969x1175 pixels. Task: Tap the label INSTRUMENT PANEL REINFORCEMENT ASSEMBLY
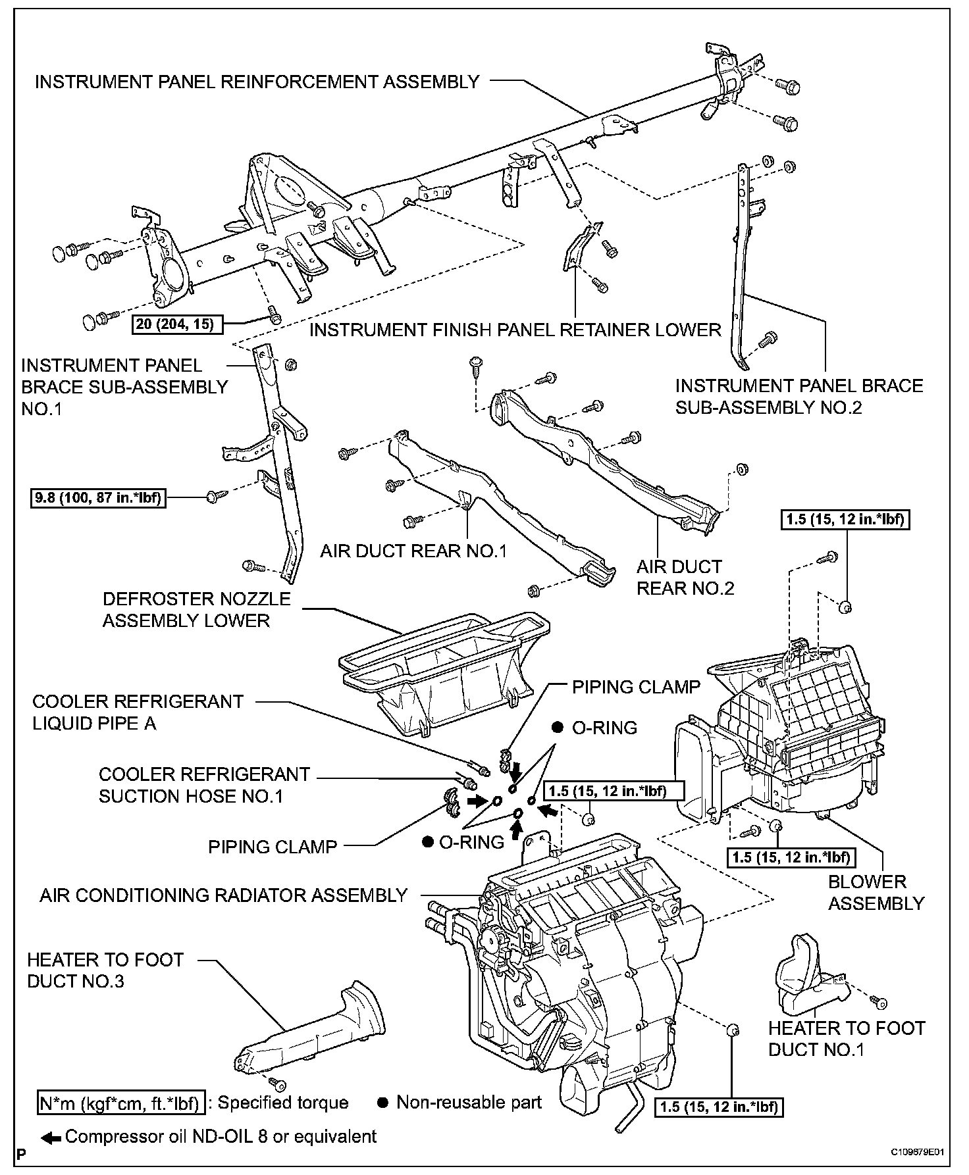pos(257,82)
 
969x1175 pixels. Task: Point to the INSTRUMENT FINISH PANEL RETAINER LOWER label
pos(515,330)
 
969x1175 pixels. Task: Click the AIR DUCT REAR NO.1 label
pos(413,551)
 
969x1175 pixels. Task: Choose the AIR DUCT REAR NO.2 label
pos(685,577)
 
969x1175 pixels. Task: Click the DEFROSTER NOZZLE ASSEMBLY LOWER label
pos(196,609)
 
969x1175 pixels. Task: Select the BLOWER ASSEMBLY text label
pos(876,892)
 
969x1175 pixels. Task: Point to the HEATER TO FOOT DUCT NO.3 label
pos(105,970)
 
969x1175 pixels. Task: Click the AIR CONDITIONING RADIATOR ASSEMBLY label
pos(224,895)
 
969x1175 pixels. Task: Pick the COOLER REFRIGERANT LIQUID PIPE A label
pos(138,712)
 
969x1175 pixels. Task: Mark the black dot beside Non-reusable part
pos(382,1103)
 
